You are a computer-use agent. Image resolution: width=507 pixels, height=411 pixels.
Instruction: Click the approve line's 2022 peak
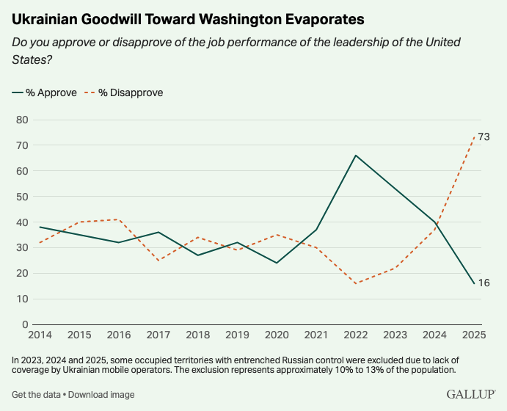click(355, 156)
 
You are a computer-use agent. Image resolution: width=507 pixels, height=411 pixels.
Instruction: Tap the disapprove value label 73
click(484, 137)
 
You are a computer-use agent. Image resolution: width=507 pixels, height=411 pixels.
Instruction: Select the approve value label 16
click(484, 283)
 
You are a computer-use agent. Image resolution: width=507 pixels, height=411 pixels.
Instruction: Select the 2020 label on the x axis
click(276, 335)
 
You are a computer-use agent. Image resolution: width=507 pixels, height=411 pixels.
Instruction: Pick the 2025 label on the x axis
click(472, 335)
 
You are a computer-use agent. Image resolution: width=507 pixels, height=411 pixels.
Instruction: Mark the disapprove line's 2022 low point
click(355, 283)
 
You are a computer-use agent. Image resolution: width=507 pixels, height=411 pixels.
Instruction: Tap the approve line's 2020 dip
click(276, 263)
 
